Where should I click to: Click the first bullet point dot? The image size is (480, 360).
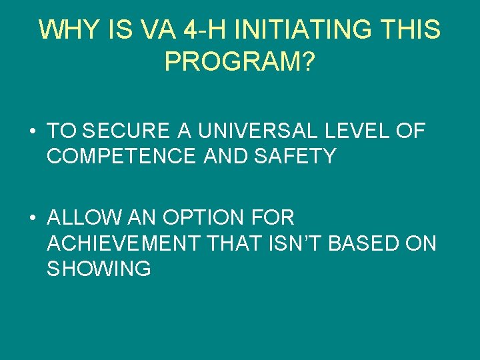click(33, 131)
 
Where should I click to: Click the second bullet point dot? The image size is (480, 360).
click(33, 218)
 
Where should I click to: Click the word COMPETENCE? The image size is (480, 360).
click(121, 157)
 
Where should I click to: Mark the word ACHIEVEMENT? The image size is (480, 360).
click(123, 243)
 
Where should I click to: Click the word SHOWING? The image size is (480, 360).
click(99, 269)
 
